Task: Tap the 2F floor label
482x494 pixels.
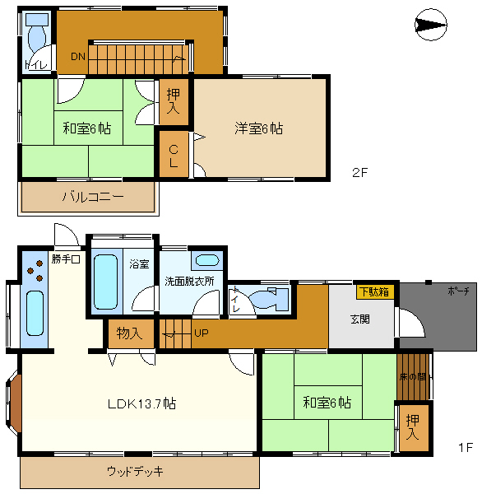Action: point(359,173)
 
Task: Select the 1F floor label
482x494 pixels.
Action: point(465,448)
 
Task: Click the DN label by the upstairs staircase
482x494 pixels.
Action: point(77,57)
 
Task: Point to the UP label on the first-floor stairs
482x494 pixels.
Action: point(201,333)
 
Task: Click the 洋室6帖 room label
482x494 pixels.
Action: point(259,128)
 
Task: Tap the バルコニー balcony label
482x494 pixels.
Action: point(92,198)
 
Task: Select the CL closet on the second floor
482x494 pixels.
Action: point(174,156)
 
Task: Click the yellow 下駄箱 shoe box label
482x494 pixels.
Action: point(374,291)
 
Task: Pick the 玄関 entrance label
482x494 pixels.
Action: point(360,319)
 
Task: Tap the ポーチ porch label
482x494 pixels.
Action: point(459,291)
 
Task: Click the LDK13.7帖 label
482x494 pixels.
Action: point(141,403)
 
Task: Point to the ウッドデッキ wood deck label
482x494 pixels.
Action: point(135,472)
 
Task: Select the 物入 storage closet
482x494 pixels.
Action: point(130,333)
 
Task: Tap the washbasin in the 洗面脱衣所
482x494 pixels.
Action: point(207,262)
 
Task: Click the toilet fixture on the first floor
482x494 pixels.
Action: point(267,299)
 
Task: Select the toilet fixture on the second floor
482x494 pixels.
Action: point(37,37)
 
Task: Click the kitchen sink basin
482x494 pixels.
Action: point(35,313)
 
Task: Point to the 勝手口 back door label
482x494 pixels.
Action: point(66,259)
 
